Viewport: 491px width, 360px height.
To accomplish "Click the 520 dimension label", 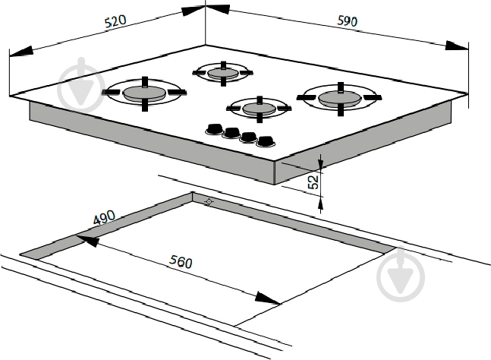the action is coord(115,21).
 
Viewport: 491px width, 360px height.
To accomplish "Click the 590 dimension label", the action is coord(347,21).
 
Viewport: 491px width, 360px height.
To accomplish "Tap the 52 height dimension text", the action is coord(313,182).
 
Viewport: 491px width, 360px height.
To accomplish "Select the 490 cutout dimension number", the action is coord(104,217).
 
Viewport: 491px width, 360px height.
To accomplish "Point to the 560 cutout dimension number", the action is coord(181,261).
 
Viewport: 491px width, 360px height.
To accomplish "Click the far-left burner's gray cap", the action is coord(143,93).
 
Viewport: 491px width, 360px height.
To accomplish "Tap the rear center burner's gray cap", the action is coord(223,74).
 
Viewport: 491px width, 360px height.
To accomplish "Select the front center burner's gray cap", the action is coord(259,109).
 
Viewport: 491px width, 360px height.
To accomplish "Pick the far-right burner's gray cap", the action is coord(340,98).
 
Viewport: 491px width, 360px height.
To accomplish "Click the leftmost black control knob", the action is coord(215,129).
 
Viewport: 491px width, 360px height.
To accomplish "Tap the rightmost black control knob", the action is coord(266,141).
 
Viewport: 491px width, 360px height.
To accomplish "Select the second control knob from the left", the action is coord(231,133).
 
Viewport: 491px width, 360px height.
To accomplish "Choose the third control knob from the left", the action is coord(249,137).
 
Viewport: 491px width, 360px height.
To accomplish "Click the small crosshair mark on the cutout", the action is coord(209,201).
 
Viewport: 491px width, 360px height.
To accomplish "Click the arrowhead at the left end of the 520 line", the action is coord(21,52).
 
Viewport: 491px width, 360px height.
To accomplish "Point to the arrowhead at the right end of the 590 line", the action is coord(457,46).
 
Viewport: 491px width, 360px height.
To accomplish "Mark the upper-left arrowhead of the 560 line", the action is coord(88,241).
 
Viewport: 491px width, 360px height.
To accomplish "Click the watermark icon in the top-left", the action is coord(80,85).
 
